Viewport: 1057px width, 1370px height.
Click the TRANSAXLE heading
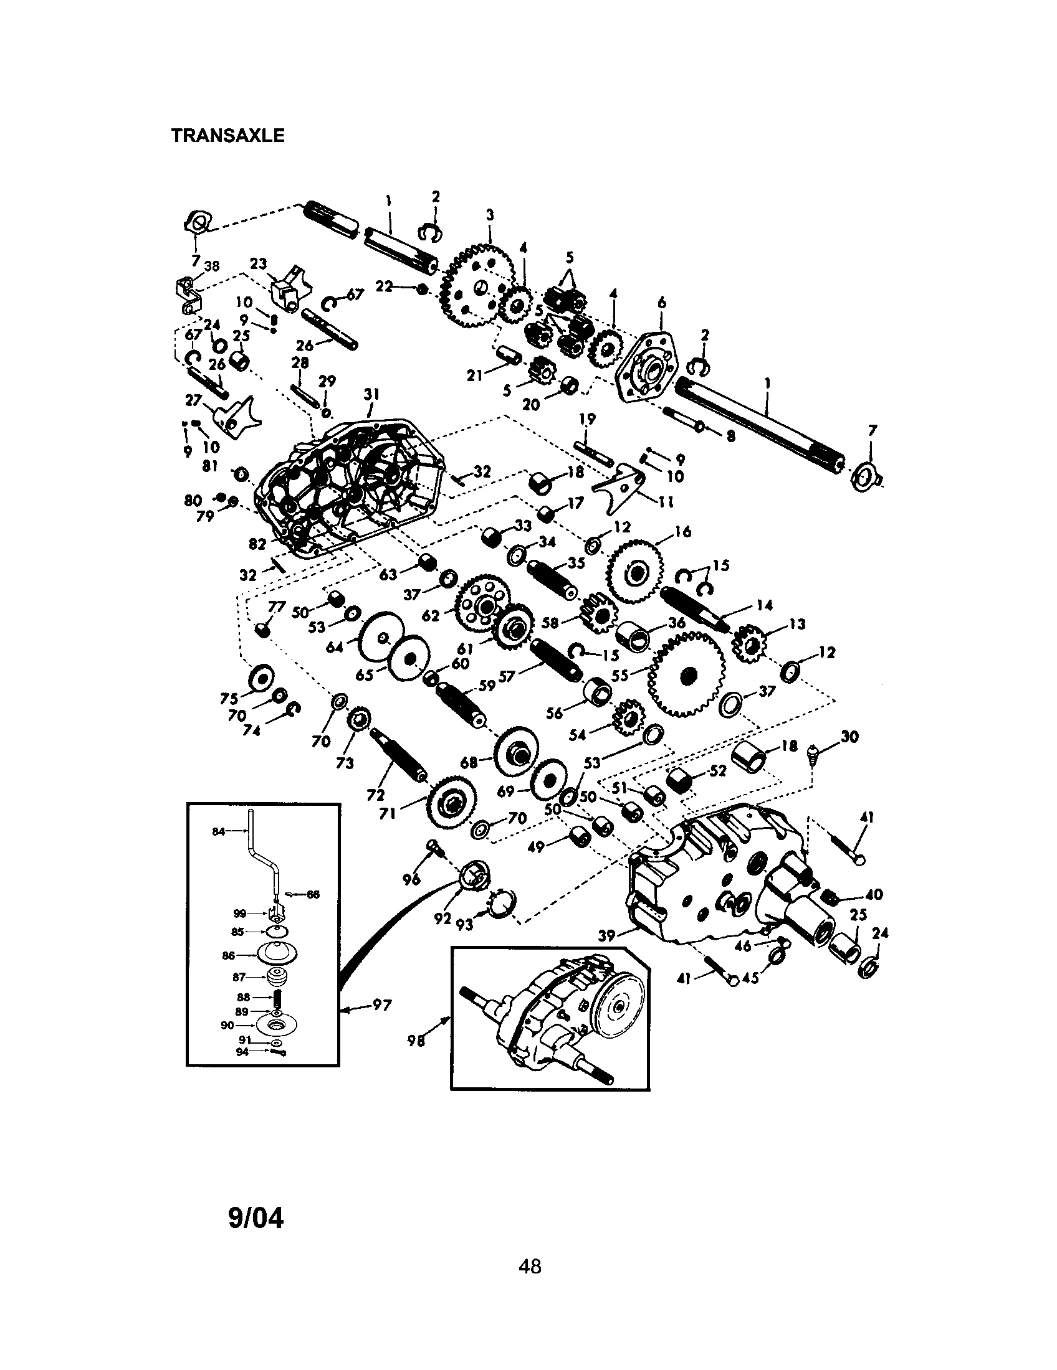228,136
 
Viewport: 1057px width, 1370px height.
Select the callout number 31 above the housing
371,394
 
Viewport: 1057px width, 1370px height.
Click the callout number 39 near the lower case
606,936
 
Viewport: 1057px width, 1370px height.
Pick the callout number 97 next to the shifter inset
381,1005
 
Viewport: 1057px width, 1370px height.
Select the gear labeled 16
635,571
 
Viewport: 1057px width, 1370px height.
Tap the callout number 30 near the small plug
851,737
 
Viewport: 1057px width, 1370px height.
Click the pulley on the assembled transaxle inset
618,1006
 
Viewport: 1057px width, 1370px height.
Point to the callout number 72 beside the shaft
375,795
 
